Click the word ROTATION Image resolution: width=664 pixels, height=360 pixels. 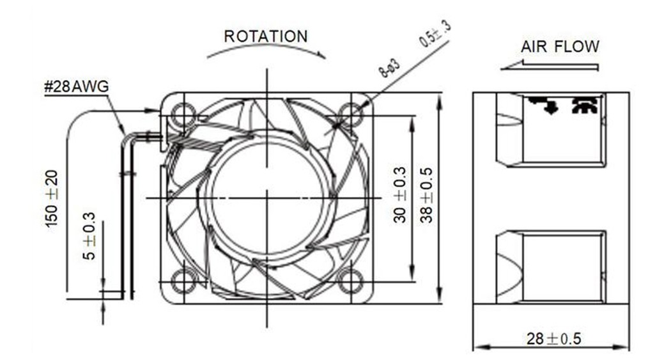coord(265,36)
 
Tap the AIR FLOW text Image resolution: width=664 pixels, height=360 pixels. coord(560,47)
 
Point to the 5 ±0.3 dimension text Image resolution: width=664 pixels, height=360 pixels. coord(89,245)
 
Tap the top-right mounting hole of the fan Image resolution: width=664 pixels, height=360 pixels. coord(351,115)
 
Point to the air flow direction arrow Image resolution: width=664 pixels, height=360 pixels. coord(550,65)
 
